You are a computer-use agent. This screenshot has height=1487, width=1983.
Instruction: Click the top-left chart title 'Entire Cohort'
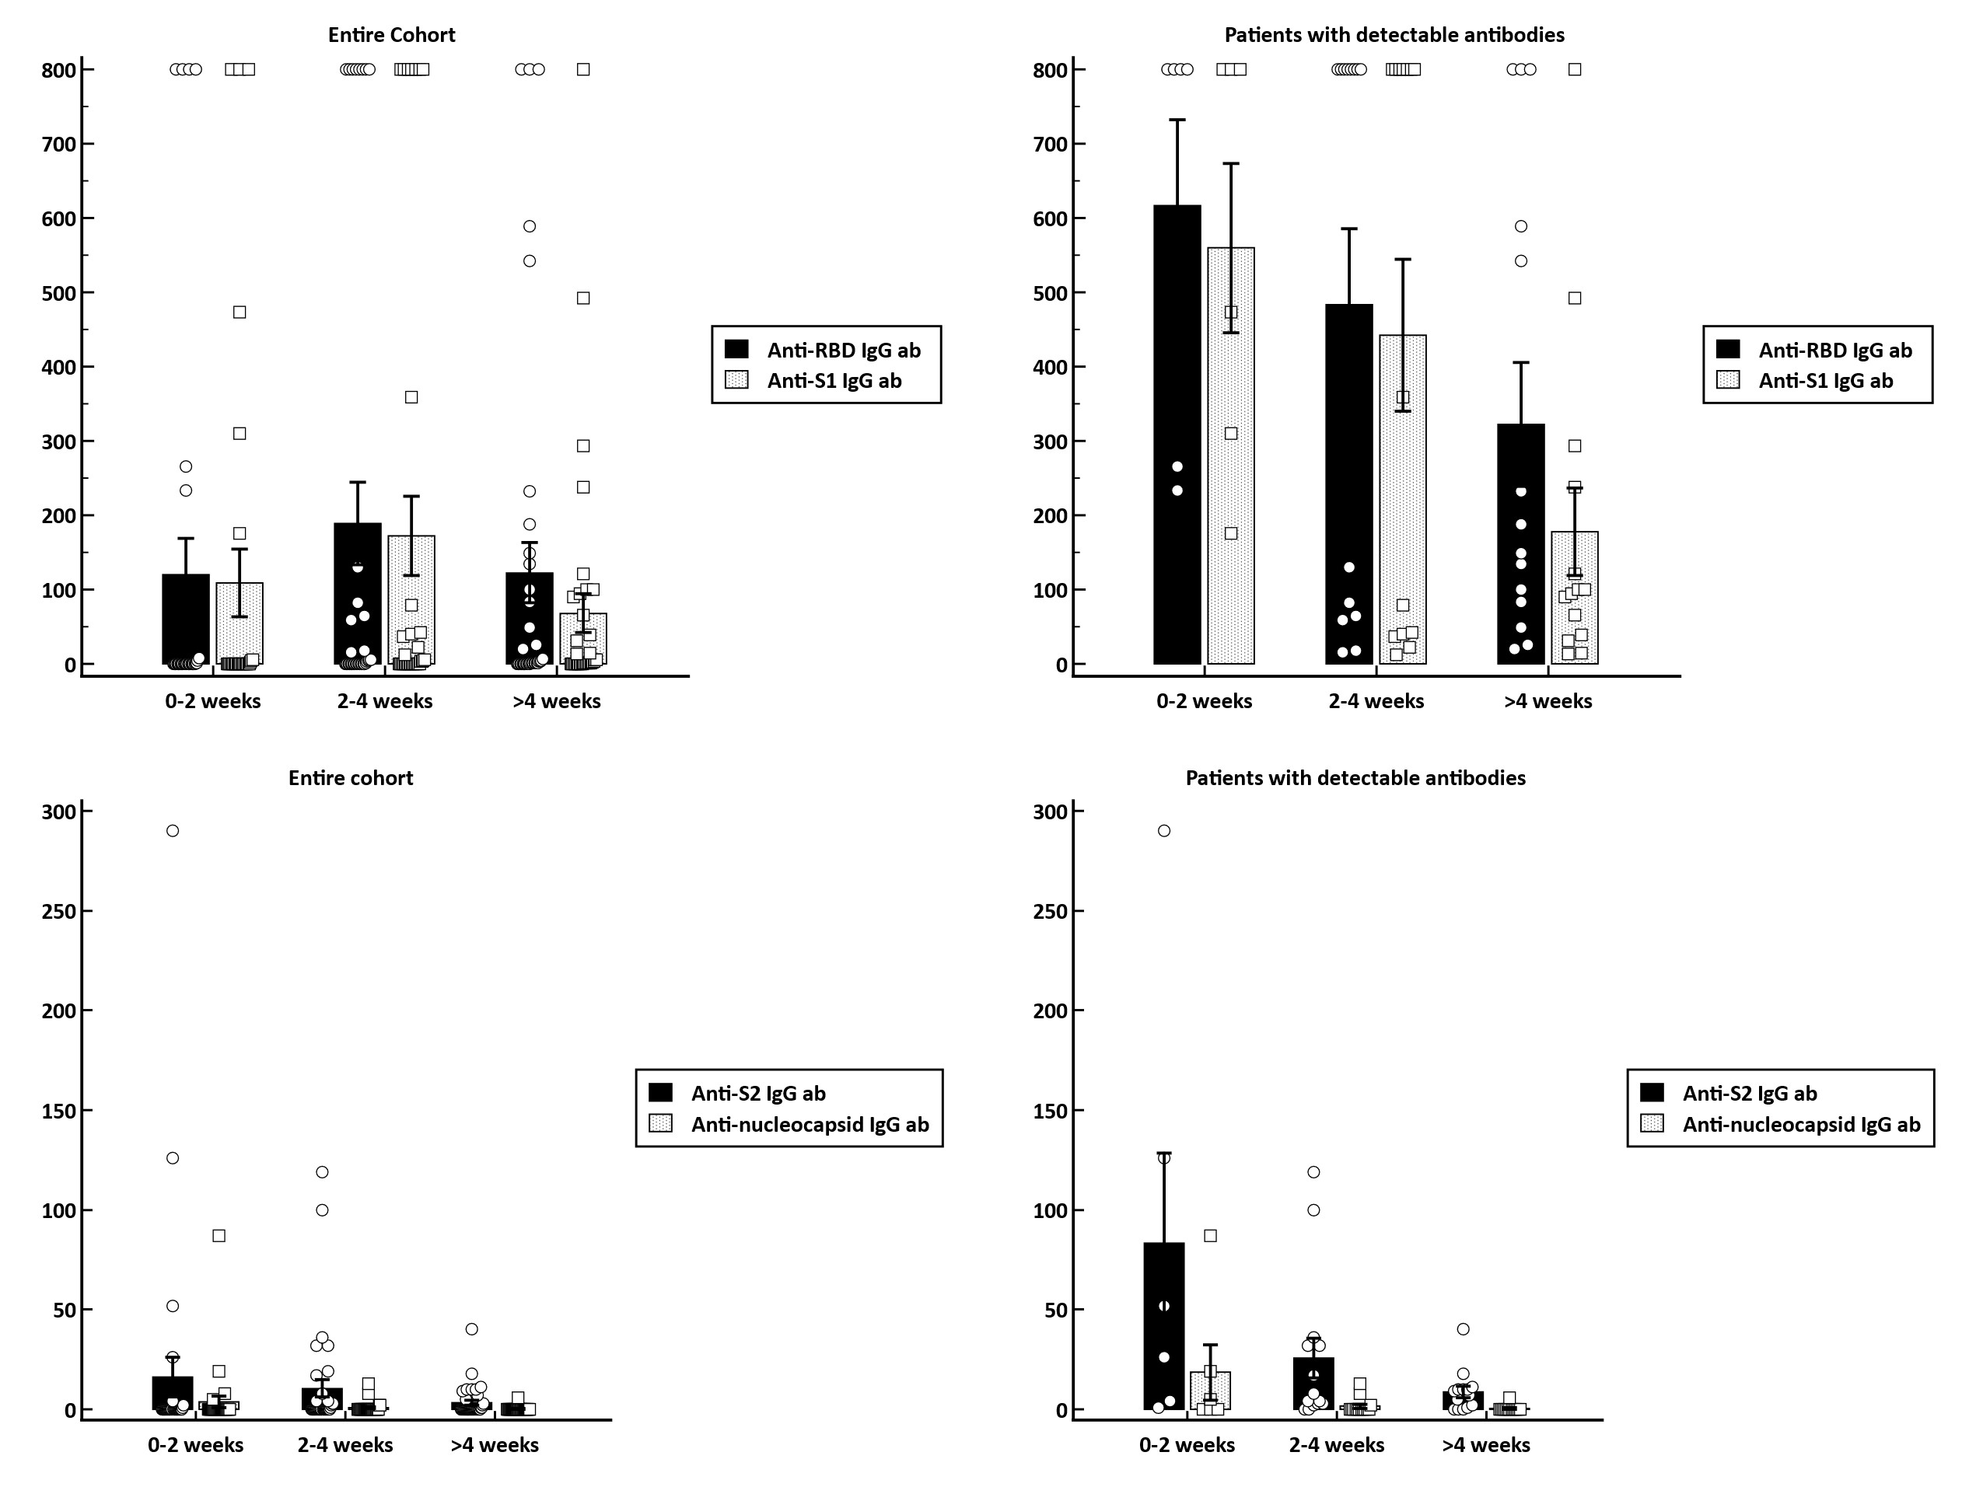coord(392,35)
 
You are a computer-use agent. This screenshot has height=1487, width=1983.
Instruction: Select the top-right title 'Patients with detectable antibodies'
coord(1394,35)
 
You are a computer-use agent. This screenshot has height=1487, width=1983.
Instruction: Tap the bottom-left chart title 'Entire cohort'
coord(351,778)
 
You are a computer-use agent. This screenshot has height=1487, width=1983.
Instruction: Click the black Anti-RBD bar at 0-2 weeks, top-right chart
coord(1177,358)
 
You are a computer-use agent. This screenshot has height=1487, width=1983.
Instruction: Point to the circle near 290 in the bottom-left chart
coord(173,831)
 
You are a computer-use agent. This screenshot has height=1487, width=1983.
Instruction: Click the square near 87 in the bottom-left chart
coord(219,1236)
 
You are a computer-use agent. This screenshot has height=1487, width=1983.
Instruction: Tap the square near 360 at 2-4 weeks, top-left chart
coord(411,397)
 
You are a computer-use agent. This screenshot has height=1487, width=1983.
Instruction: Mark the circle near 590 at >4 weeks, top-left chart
coord(530,227)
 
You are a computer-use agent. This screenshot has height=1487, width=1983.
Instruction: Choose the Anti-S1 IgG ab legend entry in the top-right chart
coord(1824,381)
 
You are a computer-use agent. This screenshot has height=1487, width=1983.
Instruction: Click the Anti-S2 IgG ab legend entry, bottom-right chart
coord(1748,1094)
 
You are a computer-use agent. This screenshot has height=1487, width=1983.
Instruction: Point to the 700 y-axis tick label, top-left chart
coord(59,145)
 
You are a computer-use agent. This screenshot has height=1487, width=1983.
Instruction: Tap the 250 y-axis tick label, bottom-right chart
coord(1051,912)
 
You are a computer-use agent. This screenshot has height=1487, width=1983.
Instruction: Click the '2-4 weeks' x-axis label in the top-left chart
coord(385,702)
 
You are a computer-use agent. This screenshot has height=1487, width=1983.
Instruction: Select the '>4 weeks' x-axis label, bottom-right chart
coord(1485,1445)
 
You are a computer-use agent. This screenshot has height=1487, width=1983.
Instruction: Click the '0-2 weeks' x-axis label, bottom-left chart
coord(195,1445)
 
